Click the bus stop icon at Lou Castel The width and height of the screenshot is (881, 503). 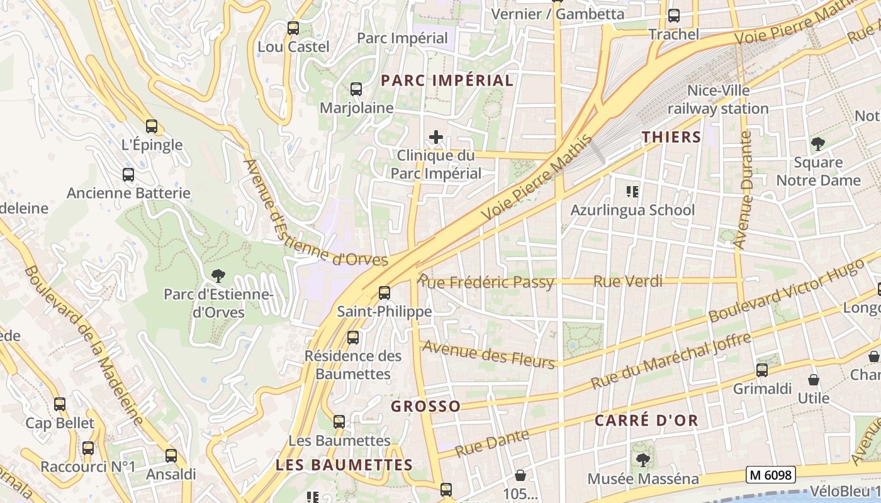pyautogui.click(x=293, y=28)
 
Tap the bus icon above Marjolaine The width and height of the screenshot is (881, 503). pyautogui.click(x=356, y=89)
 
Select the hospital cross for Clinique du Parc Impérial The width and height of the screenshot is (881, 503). pyautogui.click(x=435, y=137)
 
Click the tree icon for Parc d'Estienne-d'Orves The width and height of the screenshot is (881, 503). pyautogui.click(x=218, y=275)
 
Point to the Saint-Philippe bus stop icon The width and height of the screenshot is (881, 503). pyautogui.click(x=384, y=293)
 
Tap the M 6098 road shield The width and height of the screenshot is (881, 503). pyautogui.click(x=770, y=475)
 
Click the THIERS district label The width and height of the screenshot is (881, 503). pyautogui.click(x=671, y=137)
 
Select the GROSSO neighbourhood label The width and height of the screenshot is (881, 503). pyautogui.click(x=425, y=406)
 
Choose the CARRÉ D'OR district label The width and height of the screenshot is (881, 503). pyautogui.click(x=646, y=421)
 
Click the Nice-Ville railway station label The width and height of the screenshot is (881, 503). pyautogui.click(x=718, y=99)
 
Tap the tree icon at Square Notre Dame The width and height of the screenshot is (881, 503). pyautogui.click(x=817, y=144)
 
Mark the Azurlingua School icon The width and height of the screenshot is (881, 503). pyautogui.click(x=632, y=191)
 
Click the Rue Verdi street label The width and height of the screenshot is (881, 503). pyautogui.click(x=628, y=281)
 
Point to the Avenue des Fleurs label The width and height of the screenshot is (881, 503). pyautogui.click(x=488, y=354)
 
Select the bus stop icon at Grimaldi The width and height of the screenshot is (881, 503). pyautogui.click(x=762, y=370)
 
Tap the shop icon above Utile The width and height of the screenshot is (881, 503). pyautogui.click(x=814, y=380)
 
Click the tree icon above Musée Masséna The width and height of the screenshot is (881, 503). pyautogui.click(x=643, y=460)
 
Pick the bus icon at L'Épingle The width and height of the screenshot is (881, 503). pyautogui.click(x=152, y=126)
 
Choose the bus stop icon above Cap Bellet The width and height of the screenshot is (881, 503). pyautogui.click(x=60, y=404)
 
